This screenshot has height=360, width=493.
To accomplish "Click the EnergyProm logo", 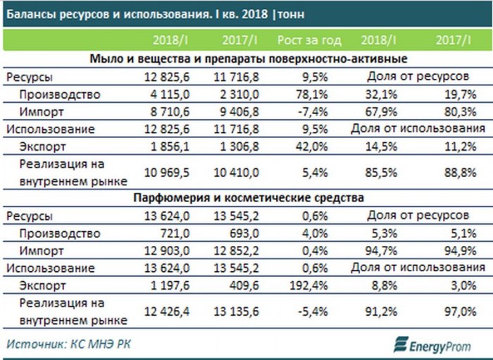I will (434, 345).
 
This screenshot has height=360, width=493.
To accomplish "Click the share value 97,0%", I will (457, 311).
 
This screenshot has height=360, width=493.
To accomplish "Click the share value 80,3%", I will (457, 112).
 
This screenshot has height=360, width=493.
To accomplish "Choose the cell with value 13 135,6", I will (235, 311).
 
